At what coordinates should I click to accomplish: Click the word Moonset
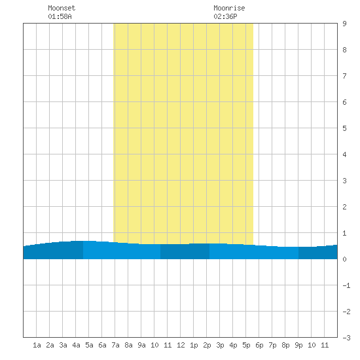62,8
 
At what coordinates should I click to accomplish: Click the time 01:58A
60,16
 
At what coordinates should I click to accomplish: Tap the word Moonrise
229,8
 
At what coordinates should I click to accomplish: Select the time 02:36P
225,16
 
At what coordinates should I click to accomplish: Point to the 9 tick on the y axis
344,24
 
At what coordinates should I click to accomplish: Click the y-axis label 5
344,128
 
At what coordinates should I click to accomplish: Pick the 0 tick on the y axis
344,259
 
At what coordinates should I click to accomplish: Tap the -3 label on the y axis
346,338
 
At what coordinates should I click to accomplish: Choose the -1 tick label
346,285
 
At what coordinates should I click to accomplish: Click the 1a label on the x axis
37,345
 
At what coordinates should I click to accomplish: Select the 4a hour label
76,345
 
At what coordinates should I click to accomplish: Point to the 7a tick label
115,345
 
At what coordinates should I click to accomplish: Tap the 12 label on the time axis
181,345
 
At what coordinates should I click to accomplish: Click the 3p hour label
220,345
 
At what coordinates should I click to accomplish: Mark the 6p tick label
259,345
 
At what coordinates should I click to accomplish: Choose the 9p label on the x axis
298,345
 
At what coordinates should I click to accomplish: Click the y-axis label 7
344,76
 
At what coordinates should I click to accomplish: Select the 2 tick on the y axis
344,207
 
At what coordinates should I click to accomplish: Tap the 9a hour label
141,345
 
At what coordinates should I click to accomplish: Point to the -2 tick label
346,312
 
